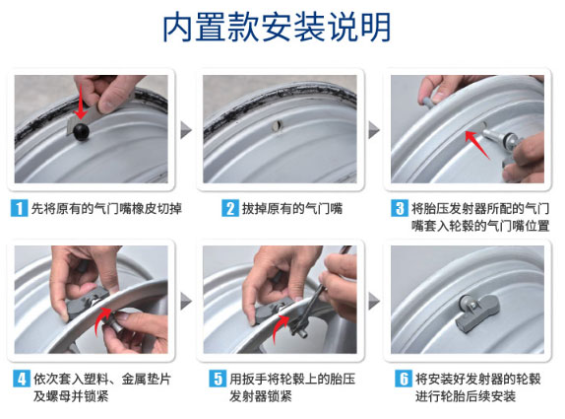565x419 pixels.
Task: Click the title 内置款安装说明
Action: tap(277, 28)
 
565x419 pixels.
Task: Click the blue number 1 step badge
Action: tap(19, 209)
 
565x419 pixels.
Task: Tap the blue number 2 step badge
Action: tap(230, 209)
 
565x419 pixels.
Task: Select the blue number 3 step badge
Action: tap(400, 209)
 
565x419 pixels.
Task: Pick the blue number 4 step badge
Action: tap(22, 379)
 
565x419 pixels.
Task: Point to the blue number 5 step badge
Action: tap(218, 379)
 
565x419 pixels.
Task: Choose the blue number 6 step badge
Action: tap(404, 379)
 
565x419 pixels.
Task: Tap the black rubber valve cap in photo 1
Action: tap(81, 131)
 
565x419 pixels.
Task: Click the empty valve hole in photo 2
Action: tap(278, 126)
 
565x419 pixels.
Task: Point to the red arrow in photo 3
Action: tap(476, 144)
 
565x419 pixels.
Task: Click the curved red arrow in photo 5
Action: tap(281, 327)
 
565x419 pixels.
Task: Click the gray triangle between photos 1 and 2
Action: tap(186, 130)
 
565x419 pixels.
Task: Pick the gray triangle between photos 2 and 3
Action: tap(374, 130)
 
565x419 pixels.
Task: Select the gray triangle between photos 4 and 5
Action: tap(186, 301)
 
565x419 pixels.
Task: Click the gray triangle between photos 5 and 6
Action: tap(374, 301)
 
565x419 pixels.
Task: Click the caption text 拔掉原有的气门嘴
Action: tap(292, 209)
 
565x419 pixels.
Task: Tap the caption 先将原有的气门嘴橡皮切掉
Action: tap(106, 209)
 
